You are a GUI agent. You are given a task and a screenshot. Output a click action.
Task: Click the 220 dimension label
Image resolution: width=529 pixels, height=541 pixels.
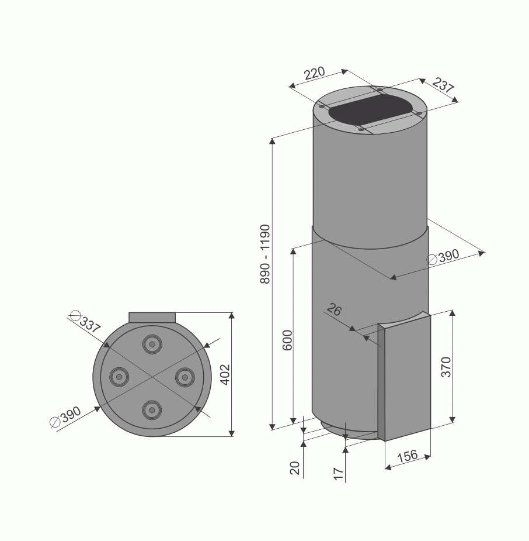click(x=315, y=73)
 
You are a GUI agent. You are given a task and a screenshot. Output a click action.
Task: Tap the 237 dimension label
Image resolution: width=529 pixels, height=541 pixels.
click(x=443, y=85)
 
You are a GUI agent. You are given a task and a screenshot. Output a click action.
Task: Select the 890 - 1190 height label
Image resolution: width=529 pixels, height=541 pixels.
click(x=265, y=254)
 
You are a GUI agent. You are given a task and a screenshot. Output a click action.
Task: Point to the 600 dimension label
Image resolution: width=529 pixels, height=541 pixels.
click(x=287, y=340)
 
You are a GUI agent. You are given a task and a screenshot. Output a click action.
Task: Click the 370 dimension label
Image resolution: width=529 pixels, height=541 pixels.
click(x=446, y=367)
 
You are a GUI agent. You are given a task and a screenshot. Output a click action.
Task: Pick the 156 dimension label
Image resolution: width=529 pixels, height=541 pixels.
click(x=408, y=456)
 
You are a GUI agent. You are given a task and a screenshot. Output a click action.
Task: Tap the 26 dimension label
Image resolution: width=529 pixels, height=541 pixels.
click(x=334, y=309)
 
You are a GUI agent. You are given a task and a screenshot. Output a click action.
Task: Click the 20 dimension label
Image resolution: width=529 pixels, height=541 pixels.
click(x=295, y=468)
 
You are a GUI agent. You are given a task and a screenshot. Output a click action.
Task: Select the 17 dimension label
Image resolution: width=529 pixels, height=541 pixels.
click(x=339, y=473)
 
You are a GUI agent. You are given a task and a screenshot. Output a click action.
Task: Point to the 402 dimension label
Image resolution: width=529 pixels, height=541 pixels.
click(x=225, y=374)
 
